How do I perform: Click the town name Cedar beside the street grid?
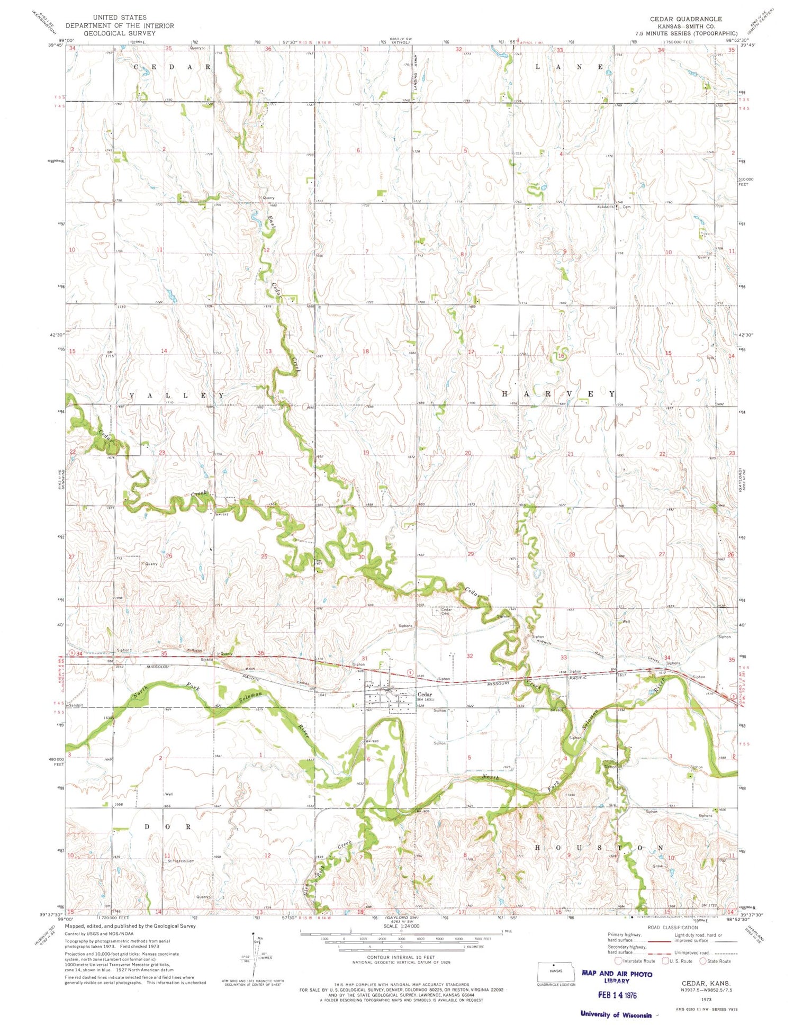tap(425, 694)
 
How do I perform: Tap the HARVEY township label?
tap(558, 394)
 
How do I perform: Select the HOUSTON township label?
tap(599, 848)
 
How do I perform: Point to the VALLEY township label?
tap(177, 395)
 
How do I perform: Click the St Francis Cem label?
tap(181, 861)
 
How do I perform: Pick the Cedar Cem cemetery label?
tap(446, 612)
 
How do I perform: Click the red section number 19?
tap(366, 453)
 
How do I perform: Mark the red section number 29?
tap(471, 554)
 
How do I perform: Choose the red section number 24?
tap(260, 453)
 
